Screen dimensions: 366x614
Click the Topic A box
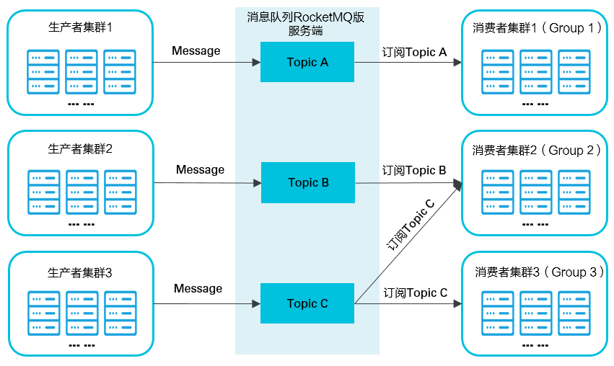point(307,62)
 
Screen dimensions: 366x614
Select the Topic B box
point(307,182)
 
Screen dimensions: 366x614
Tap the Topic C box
point(307,303)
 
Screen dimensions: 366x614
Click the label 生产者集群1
point(80,27)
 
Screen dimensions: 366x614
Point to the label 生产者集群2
point(80,149)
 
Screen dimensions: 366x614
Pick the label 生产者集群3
point(80,272)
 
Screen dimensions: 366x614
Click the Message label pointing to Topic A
point(196,50)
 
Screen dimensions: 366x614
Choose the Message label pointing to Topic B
point(200,170)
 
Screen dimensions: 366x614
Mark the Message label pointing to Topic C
point(198,288)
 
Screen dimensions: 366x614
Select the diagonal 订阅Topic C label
point(411,224)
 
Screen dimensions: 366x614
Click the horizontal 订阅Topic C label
point(415,293)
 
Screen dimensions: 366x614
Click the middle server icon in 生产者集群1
point(81,71)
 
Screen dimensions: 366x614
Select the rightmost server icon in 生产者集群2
point(120,192)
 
